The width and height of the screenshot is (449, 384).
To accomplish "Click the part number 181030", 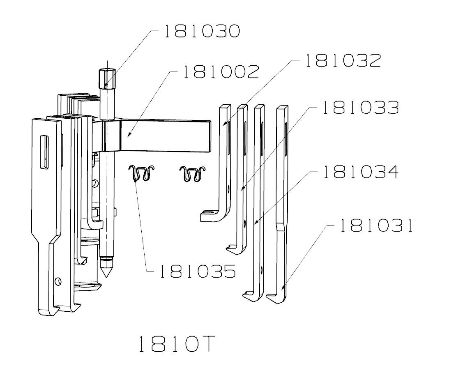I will click(202, 32).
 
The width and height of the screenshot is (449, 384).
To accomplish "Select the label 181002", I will click(221, 72).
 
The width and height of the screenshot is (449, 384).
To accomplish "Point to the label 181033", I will click(360, 108).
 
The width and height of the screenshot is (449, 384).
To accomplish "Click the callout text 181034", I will click(360, 172).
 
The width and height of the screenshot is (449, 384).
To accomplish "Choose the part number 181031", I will click(375, 226).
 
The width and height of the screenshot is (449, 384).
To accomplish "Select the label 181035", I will click(198, 271).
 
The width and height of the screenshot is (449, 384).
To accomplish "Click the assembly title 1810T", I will click(175, 345).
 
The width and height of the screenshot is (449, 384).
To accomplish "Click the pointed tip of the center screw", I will click(106, 271).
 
